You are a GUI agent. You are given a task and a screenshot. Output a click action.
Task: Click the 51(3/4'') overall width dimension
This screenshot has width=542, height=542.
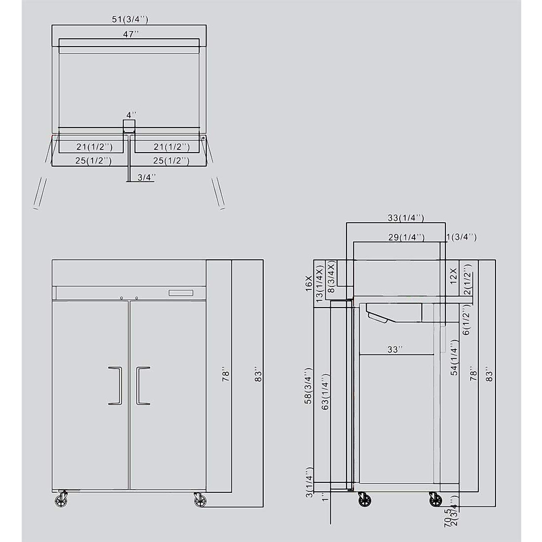click(x=130, y=19)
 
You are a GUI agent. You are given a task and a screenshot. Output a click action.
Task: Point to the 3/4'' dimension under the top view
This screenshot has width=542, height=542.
click(x=146, y=178)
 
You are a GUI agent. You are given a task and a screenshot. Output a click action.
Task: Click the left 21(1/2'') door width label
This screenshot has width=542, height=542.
click(x=93, y=147)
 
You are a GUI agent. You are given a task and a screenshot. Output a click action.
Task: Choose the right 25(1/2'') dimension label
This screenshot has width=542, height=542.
click(x=171, y=160)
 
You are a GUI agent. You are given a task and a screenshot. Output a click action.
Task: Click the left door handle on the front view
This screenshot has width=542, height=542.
click(x=115, y=385)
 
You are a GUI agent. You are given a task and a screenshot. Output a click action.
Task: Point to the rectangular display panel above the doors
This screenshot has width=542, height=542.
click(x=181, y=293)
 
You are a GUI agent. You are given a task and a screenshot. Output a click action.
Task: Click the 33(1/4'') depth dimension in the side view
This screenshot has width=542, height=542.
click(x=406, y=218)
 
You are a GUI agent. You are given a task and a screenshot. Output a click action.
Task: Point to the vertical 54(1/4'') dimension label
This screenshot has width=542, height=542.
click(x=455, y=358)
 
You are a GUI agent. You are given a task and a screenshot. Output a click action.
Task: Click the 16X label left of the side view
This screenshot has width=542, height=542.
click(x=309, y=283)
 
